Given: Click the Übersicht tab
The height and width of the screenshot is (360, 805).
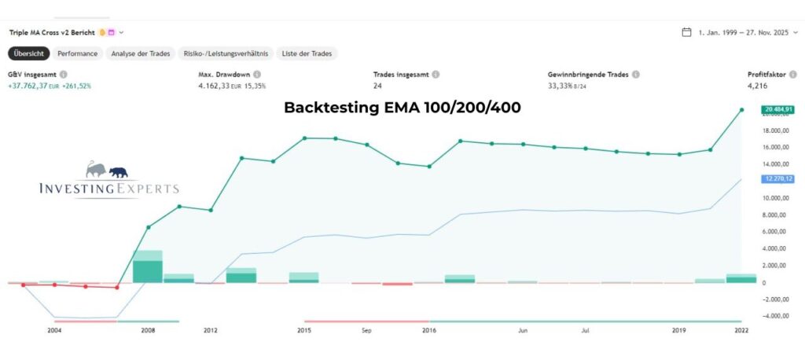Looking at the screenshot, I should (29, 53).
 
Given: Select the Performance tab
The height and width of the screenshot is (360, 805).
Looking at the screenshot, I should (77, 53).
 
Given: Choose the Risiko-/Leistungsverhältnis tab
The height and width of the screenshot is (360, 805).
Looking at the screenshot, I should (225, 53).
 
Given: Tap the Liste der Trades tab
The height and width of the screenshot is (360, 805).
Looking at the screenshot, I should (307, 53).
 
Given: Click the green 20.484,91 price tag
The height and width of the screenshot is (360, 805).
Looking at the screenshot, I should (777, 109).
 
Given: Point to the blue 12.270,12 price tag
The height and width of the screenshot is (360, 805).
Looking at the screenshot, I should (777, 179).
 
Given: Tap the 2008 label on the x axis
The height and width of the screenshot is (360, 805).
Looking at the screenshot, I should (148, 331).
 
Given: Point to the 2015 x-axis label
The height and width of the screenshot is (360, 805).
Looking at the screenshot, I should (304, 331).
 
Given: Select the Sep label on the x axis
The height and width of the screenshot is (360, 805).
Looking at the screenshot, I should (366, 331).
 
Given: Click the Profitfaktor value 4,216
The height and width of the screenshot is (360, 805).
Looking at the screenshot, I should (757, 86).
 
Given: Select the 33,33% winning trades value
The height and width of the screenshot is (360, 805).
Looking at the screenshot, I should (561, 86).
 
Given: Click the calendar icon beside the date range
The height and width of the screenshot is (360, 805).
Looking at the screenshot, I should (686, 32).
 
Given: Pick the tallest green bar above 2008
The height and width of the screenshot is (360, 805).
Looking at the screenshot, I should (148, 266).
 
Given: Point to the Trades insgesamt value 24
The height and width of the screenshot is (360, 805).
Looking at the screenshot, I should (378, 86).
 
